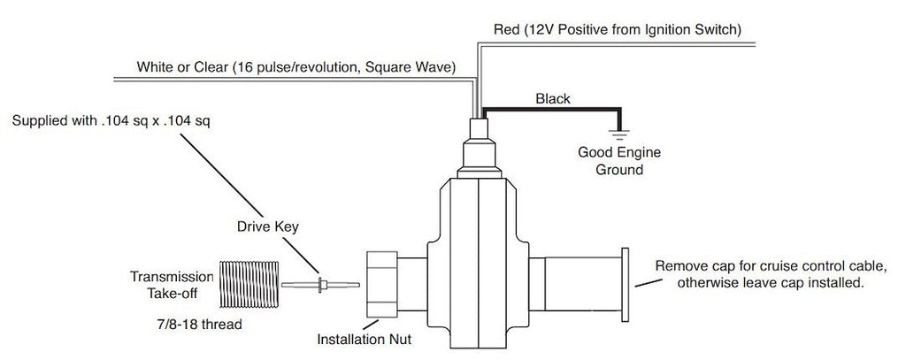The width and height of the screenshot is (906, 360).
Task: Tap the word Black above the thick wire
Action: coord(553,99)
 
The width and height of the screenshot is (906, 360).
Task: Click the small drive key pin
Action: coord(319,285)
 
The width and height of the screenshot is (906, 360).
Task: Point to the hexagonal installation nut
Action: coord(385,284)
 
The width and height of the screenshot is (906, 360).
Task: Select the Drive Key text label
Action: coord(267,226)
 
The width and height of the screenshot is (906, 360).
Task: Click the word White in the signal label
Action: coord(156,67)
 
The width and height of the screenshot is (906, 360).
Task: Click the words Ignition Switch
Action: coord(693,30)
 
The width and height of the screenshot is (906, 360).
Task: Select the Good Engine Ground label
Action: coord(618,160)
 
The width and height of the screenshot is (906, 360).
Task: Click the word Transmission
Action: coord(171,275)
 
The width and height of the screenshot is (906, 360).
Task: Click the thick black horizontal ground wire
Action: coord(549,110)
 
